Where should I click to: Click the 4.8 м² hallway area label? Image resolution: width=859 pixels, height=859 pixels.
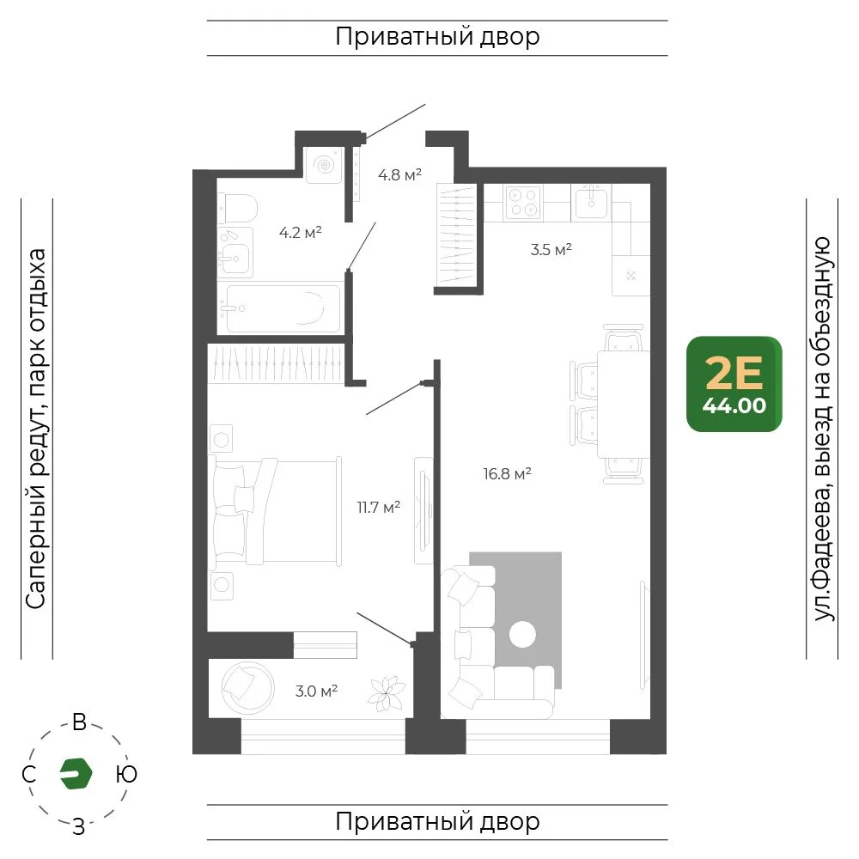click(x=399, y=174)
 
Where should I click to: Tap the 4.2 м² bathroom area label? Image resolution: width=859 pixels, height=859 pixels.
click(x=300, y=232)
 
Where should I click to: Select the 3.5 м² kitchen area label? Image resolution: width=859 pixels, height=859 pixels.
click(x=551, y=250)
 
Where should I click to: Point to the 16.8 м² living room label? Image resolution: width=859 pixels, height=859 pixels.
click(x=507, y=473)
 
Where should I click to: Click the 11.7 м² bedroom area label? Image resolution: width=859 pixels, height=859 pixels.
click(x=379, y=507)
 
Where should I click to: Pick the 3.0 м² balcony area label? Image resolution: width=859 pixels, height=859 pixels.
click(x=316, y=691)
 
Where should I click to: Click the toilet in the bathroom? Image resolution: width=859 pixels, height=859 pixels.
click(x=238, y=208)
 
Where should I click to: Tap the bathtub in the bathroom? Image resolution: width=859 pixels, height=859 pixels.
click(x=283, y=308)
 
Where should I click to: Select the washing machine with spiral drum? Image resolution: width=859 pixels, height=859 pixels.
click(x=325, y=165)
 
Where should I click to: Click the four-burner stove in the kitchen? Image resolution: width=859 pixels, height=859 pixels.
click(x=522, y=202)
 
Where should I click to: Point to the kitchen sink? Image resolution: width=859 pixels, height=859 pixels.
click(x=591, y=202)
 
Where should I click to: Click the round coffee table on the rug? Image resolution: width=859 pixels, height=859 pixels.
click(x=522, y=635)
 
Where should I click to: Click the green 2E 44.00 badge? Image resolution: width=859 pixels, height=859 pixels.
click(x=734, y=384)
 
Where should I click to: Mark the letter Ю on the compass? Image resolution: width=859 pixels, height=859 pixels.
click(x=126, y=774)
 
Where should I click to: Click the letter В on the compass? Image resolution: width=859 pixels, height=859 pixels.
click(x=79, y=722)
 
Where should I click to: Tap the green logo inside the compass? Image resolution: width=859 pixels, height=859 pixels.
click(x=76, y=774)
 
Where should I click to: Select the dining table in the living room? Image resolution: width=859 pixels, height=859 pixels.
click(x=623, y=405)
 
